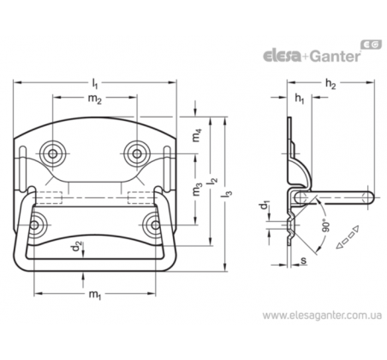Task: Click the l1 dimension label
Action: pos(95,83)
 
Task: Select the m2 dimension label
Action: pos(95,99)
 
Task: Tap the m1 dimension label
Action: pos(95,295)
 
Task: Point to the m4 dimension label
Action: pos(197,135)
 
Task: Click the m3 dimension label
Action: pos(197,189)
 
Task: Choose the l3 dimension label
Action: pos(228,192)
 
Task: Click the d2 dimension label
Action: pos(77,246)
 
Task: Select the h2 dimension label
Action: pos(330,84)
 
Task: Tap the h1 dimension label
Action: pos(300,99)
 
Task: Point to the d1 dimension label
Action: pos(265,207)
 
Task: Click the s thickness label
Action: pos(304,261)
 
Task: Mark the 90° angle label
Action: pos(326,225)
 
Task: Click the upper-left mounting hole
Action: pos(52,153)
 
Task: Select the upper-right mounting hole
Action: pos(137,153)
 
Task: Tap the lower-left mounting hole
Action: pos(34,225)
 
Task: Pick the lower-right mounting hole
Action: pos(155,225)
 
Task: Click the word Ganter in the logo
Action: pos(335,56)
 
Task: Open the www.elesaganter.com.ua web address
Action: pos(322,315)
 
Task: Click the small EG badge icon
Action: pos(372,45)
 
